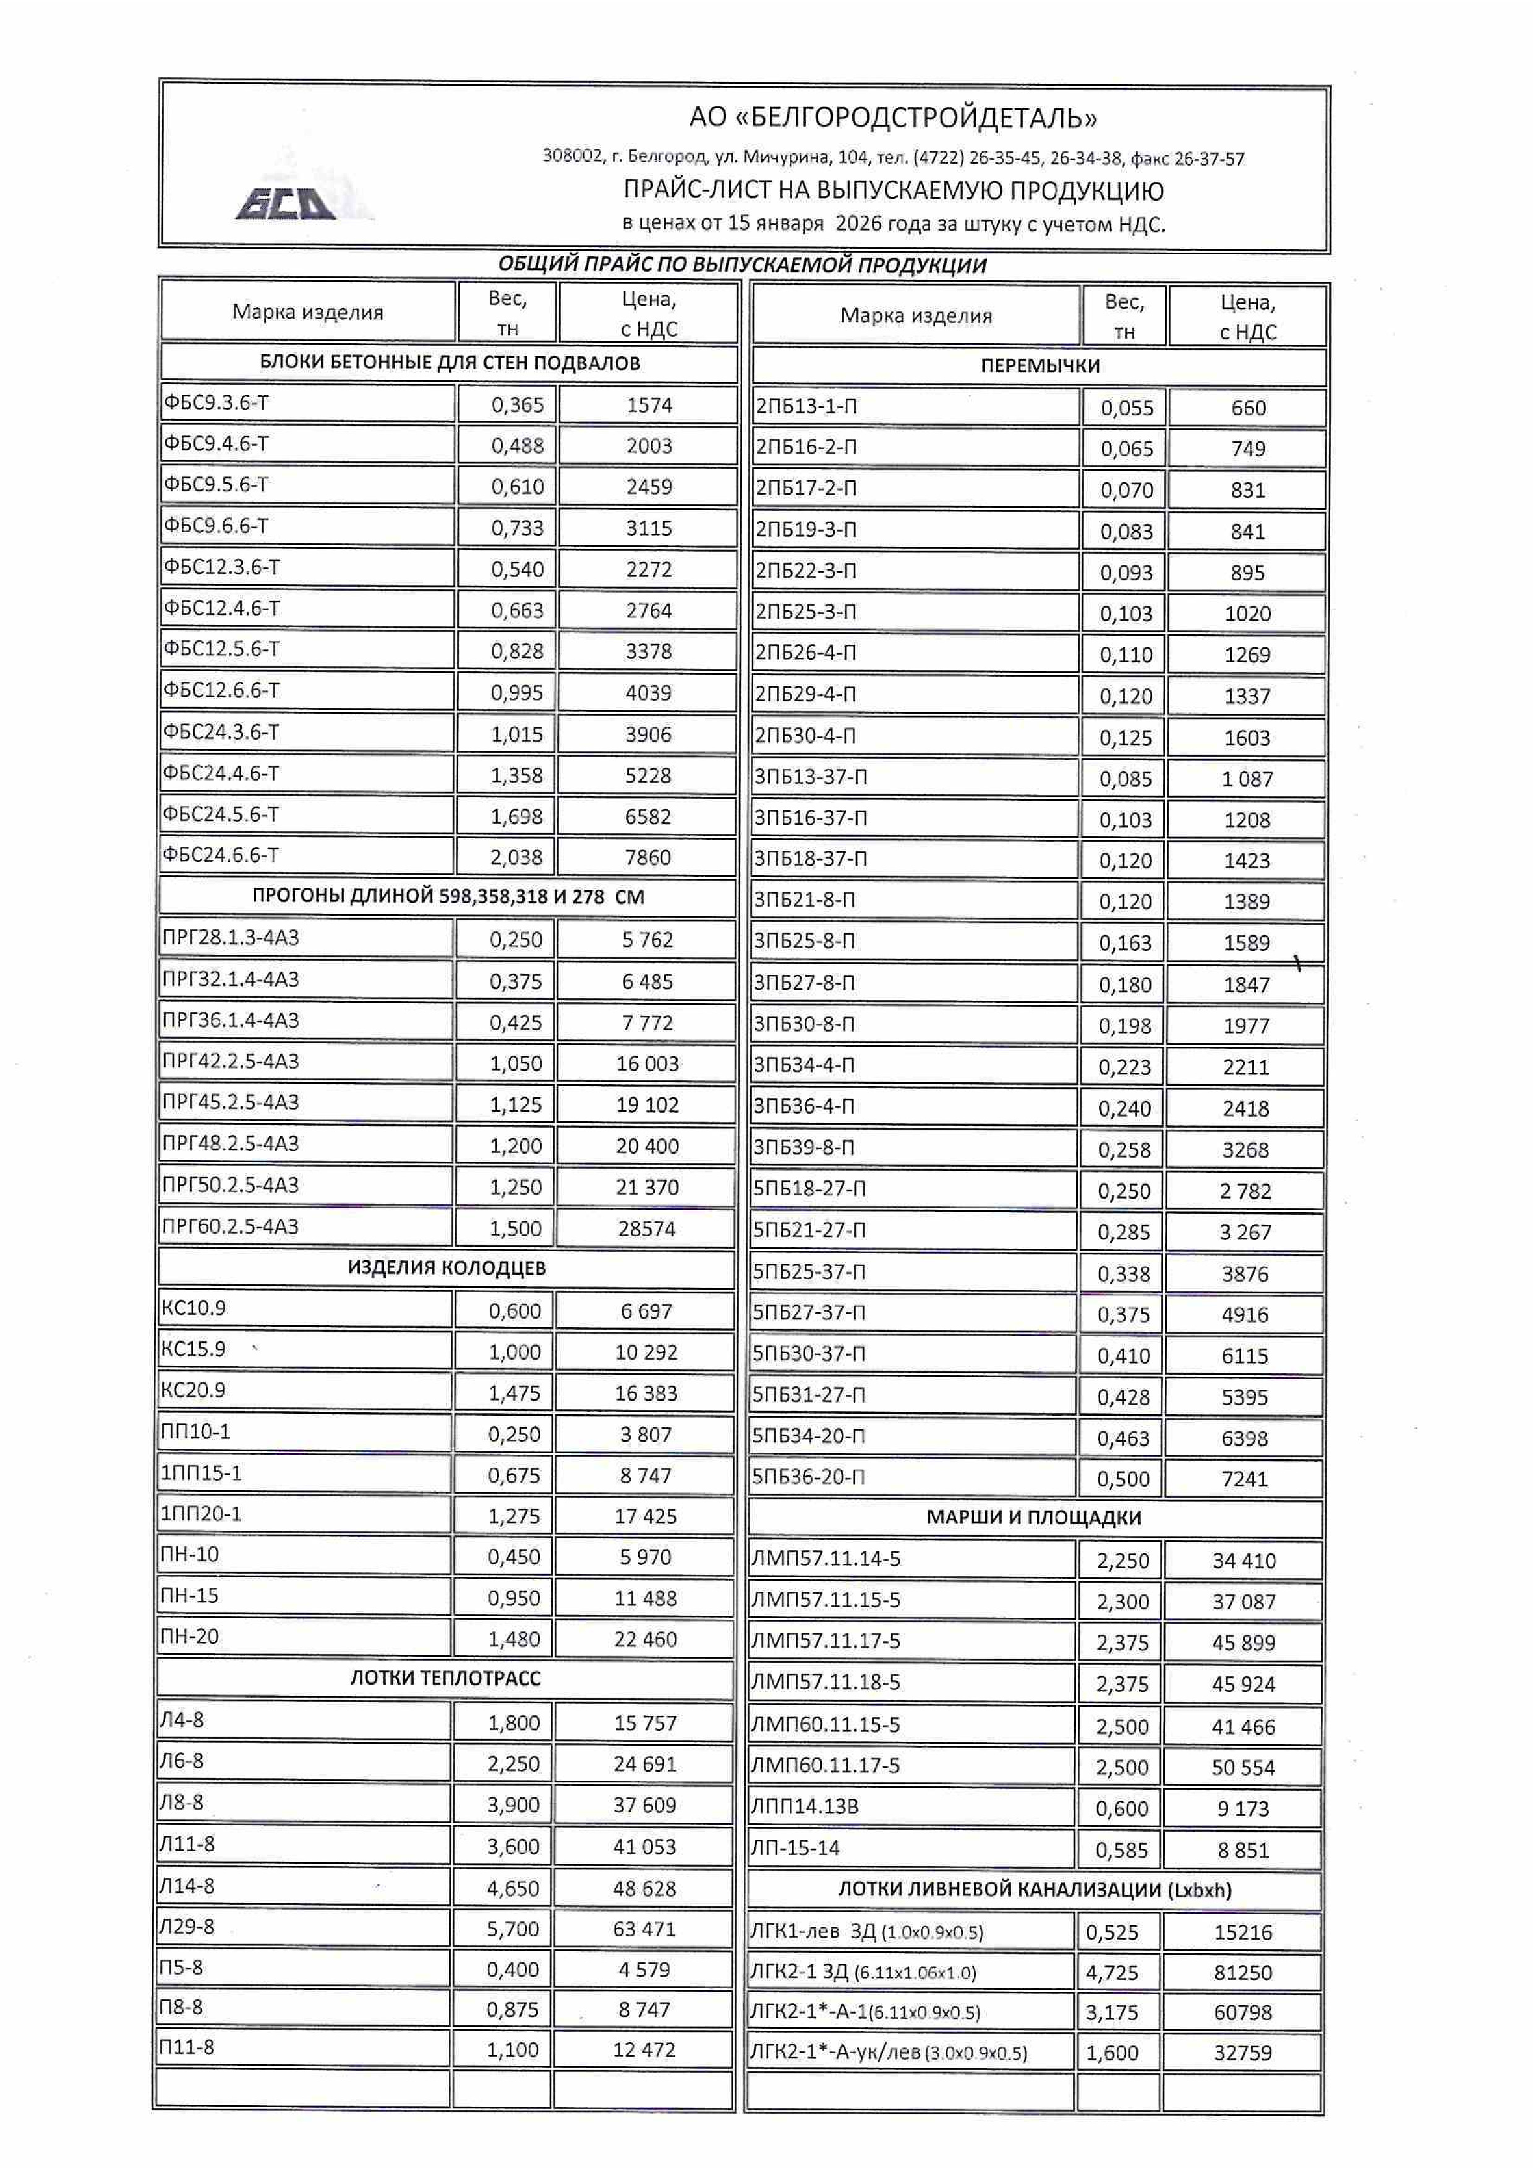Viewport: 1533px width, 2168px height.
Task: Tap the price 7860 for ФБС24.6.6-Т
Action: click(648, 857)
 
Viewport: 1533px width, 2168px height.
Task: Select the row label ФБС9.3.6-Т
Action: click(216, 403)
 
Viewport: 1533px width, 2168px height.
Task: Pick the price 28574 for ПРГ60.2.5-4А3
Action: click(647, 1229)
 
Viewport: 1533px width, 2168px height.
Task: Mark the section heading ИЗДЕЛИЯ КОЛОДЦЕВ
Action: click(446, 1268)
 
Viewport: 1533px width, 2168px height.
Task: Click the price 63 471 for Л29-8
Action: click(645, 1929)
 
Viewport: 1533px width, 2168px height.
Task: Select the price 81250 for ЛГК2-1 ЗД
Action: click(1243, 1973)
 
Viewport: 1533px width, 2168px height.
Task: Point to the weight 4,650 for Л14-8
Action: click(513, 1889)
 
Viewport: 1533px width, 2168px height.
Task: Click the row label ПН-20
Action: click(190, 1637)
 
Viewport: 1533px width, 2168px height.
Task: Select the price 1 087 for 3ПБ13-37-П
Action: click(1247, 779)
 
